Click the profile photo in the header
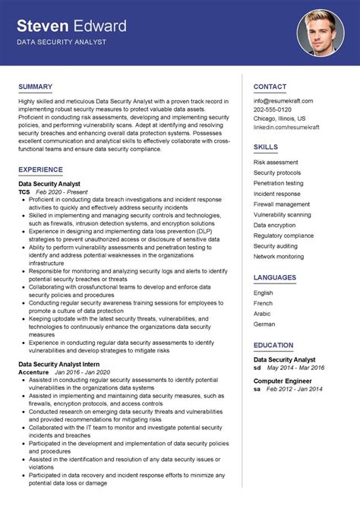coord(321,33)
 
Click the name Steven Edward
coord(72,27)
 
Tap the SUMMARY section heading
coord(35,87)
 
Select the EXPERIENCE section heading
coord(41,169)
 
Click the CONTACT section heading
coord(270,87)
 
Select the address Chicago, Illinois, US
coord(279,119)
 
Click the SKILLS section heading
coord(265,147)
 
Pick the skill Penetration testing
coord(278,183)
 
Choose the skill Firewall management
coord(281,204)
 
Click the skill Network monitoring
coord(278,257)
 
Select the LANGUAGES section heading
coord(275,277)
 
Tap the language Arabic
coord(262,313)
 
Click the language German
coord(264,324)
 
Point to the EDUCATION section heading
coord(274,345)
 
